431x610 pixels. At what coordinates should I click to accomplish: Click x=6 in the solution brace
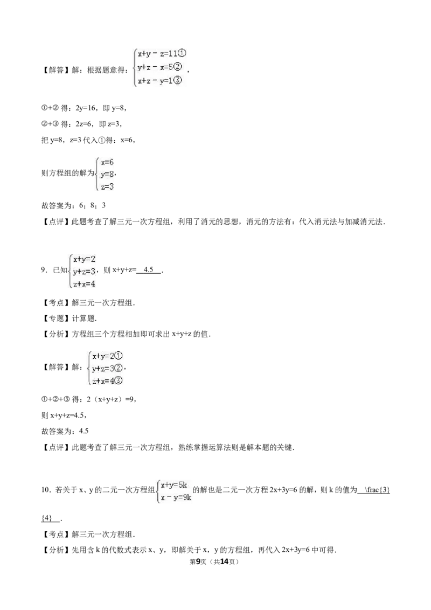107,162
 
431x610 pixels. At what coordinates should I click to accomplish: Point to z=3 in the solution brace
107,187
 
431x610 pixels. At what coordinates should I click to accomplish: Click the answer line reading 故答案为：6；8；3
73,205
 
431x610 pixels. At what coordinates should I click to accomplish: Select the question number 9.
44,270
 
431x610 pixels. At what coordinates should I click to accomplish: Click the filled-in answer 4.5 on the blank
149,269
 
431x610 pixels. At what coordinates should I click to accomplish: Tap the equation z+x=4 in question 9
84,284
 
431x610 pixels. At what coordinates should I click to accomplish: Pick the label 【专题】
56,318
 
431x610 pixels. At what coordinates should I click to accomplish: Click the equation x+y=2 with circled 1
107,356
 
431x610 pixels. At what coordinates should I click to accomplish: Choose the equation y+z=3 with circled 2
107,368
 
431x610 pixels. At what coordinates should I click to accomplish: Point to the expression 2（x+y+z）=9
111,399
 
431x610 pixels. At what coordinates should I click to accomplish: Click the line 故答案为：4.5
65,431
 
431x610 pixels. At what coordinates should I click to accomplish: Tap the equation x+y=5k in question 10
174,485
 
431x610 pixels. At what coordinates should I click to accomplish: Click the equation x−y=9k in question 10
176,497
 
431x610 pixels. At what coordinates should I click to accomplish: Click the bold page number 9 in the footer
198,562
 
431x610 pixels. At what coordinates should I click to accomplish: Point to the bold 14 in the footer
224,562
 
